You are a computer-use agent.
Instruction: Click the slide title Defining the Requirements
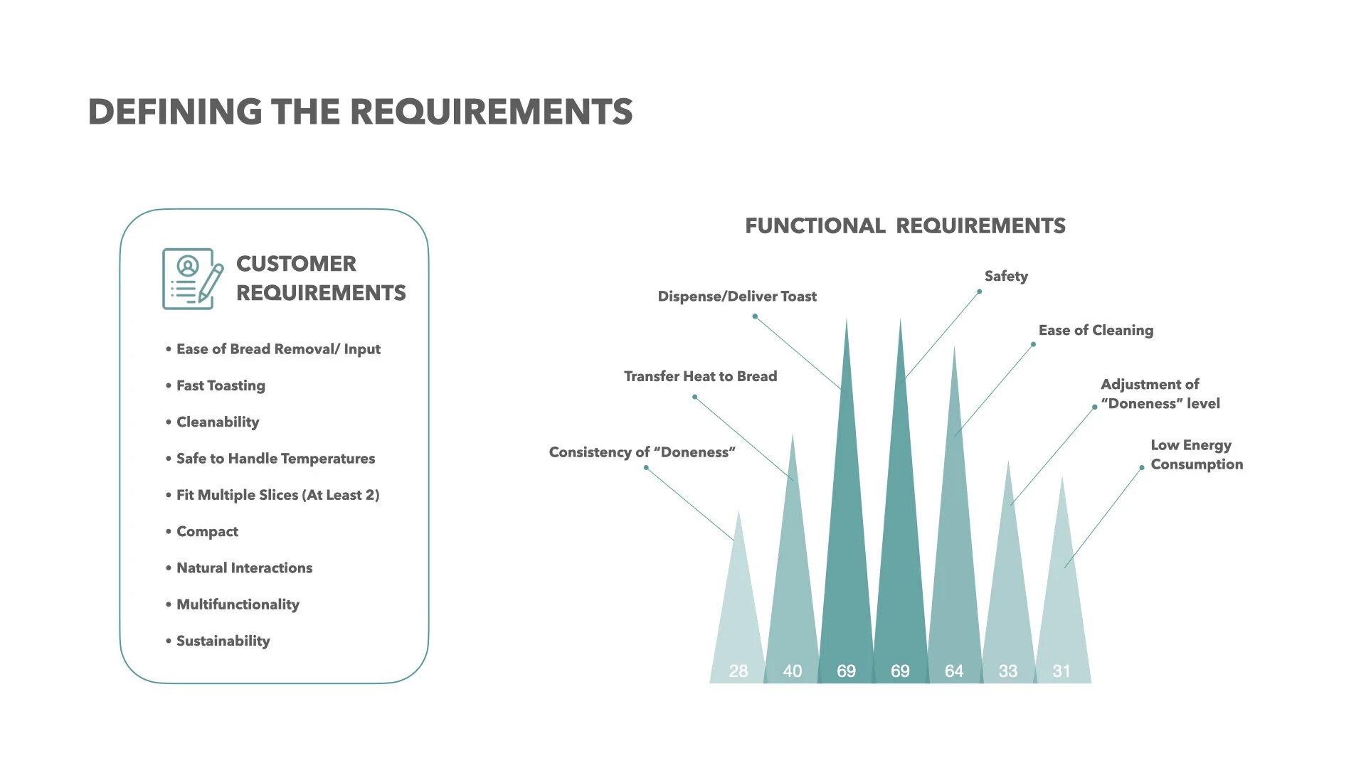tap(360, 112)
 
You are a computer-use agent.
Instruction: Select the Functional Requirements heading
tap(905, 226)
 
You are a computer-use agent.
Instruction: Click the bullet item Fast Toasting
tap(221, 385)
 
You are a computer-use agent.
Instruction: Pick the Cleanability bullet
tap(218, 422)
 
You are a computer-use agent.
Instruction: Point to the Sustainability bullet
tap(223, 641)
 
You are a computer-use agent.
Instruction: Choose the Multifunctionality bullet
tap(238, 604)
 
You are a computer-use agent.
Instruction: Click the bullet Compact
tap(207, 531)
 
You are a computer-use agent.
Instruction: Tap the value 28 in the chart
tap(738, 671)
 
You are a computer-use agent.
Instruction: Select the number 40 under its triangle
tap(792, 671)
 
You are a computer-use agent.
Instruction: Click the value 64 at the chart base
tap(954, 671)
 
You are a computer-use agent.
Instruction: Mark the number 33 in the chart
tap(1007, 671)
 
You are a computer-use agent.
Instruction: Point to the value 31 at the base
tap(1061, 671)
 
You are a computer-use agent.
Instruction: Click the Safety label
tap(1006, 276)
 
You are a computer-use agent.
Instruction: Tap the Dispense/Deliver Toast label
tap(737, 297)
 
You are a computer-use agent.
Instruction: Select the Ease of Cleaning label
tap(1096, 330)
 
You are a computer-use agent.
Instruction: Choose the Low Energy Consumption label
tap(1197, 454)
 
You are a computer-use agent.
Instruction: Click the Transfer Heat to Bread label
tap(700, 376)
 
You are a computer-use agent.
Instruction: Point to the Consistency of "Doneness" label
tap(642, 452)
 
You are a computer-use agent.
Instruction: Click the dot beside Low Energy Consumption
tap(1142, 468)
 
